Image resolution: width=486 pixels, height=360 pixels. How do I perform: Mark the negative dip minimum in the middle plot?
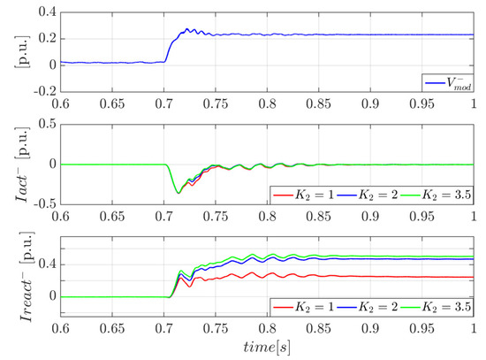pos(178,192)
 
